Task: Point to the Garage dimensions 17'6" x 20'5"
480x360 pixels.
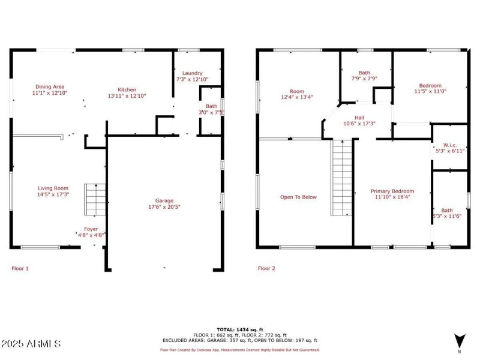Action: (164, 207)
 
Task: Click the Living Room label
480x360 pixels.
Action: (53, 188)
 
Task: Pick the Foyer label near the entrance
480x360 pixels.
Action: (91, 229)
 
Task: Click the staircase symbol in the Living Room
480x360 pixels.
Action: (95, 200)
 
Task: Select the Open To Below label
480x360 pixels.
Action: (298, 197)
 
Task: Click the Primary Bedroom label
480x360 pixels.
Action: (392, 191)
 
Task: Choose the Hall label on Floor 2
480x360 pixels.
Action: (359, 118)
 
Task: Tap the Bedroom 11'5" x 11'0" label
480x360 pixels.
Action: (430, 85)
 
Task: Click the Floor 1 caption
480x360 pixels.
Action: (20, 268)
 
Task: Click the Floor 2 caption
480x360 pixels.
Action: (266, 268)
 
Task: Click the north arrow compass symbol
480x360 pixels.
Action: (459, 339)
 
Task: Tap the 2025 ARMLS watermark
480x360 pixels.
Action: (31, 344)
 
